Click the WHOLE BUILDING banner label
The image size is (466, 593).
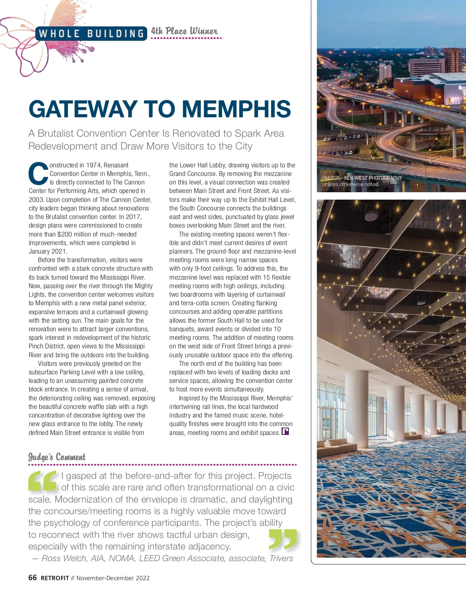point(92,33)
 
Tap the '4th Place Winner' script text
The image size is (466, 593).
point(184,31)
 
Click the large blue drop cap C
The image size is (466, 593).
point(38,174)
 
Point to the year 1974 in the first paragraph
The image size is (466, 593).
point(94,165)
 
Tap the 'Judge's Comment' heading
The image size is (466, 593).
point(57,457)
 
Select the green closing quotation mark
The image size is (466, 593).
point(283,540)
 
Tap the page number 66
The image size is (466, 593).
point(33,577)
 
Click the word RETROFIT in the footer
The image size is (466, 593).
point(55,578)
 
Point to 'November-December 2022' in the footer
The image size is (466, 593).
point(113,578)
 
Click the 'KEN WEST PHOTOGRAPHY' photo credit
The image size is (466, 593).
point(373,178)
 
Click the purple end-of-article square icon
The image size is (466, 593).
point(285,431)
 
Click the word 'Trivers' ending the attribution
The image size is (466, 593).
point(281,558)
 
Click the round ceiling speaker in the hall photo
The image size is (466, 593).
point(372,216)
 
